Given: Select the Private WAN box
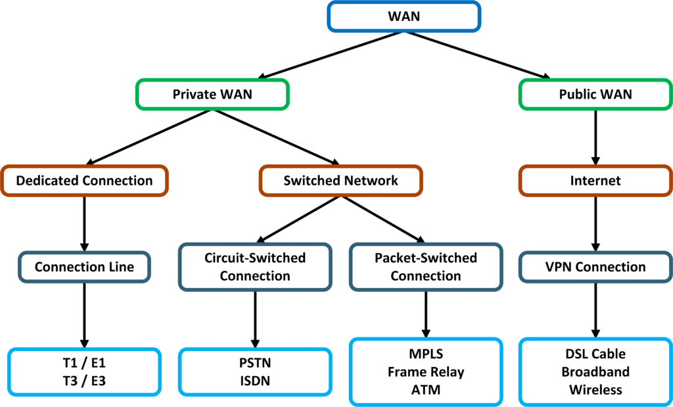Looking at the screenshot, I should (212, 94).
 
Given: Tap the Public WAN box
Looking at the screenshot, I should (595, 94).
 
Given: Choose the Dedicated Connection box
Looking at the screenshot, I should (84, 180).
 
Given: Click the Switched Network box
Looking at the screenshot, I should (340, 180).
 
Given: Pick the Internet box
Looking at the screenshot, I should (595, 180).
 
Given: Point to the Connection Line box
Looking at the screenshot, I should (84, 267).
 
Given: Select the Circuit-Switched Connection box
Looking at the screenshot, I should (254, 266).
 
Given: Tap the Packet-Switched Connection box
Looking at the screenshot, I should (426, 266).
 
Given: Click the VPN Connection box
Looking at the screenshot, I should (595, 267).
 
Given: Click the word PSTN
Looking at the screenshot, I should (255, 362).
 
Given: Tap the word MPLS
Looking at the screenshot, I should (426, 355).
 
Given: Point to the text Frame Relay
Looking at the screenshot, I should (426, 372).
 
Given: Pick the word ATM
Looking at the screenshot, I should (426, 390).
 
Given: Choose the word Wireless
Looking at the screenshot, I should (595, 390).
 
